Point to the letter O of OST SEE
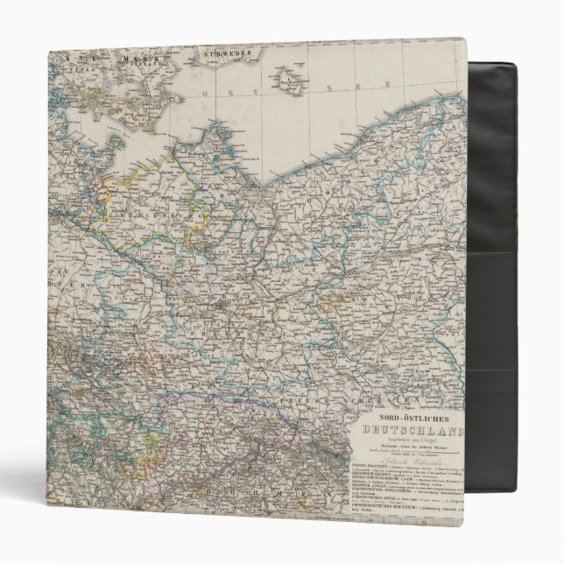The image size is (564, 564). pos(204,91)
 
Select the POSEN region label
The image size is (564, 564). pos(350,254)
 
